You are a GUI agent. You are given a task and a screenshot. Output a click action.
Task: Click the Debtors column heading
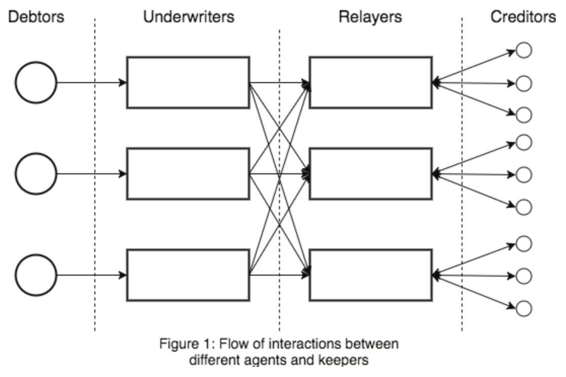[35, 17]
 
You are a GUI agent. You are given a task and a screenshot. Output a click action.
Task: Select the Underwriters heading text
[189, 17]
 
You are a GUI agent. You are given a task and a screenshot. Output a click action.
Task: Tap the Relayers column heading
[370, 17]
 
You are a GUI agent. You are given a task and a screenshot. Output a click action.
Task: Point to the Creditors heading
[523, 17]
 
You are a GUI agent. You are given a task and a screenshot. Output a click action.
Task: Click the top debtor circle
[36, 83]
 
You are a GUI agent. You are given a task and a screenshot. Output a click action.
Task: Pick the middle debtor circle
[36, 174]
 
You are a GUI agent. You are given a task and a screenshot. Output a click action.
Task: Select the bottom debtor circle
[36, 276]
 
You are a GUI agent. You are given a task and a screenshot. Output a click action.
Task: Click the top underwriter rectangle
[188, 83]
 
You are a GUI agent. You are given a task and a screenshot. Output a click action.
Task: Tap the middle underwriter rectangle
[188, 174]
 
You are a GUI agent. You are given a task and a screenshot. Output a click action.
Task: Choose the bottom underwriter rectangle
[188, 275]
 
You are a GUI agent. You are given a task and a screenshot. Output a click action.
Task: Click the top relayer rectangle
[371, 83]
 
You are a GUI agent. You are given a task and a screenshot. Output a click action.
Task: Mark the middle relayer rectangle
[371, 174]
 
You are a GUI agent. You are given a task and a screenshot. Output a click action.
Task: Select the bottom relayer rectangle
[371, 275]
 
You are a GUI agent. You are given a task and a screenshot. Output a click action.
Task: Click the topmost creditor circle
[523, 51]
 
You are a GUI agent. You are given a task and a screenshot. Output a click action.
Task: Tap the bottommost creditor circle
[523, 308]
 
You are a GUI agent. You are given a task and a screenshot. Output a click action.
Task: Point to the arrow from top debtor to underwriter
[91, 83]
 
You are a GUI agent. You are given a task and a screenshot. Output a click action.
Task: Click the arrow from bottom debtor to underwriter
[91, 275]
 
